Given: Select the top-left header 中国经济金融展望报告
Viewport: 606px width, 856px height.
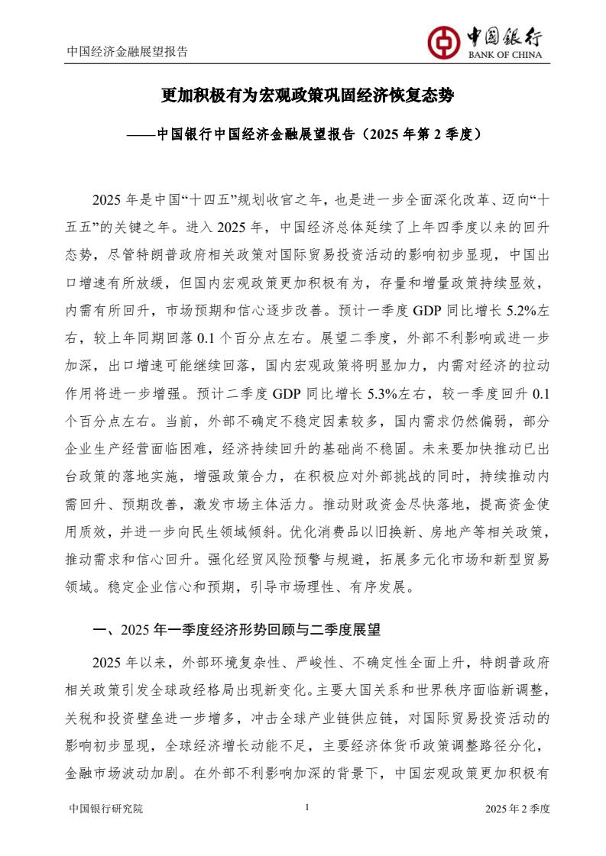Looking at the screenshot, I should coord(128,52).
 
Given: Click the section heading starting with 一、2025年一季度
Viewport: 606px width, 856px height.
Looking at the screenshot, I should coord(236,631).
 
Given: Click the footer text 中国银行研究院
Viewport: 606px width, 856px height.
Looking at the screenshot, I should coord(105,808).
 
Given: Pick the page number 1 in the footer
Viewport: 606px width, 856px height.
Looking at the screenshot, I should coord(306,807).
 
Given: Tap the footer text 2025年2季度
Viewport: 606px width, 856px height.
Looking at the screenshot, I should coord(518,808).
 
